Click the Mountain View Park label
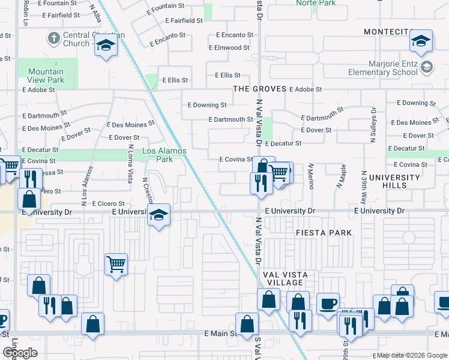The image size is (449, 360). [46, 76]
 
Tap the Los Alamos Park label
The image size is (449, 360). [164, 155]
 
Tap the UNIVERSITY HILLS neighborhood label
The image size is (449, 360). [395, 181]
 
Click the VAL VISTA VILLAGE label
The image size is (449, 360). [285, 279]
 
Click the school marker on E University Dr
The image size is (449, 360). [158, 214]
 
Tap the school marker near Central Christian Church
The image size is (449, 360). [106, 46]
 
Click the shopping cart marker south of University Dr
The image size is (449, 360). [116, 263]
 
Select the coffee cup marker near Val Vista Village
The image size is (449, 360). [328, 304]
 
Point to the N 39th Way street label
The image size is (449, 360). [372, 126]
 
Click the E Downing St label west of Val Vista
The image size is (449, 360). [206, 105]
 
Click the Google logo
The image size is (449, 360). [20, 353]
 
